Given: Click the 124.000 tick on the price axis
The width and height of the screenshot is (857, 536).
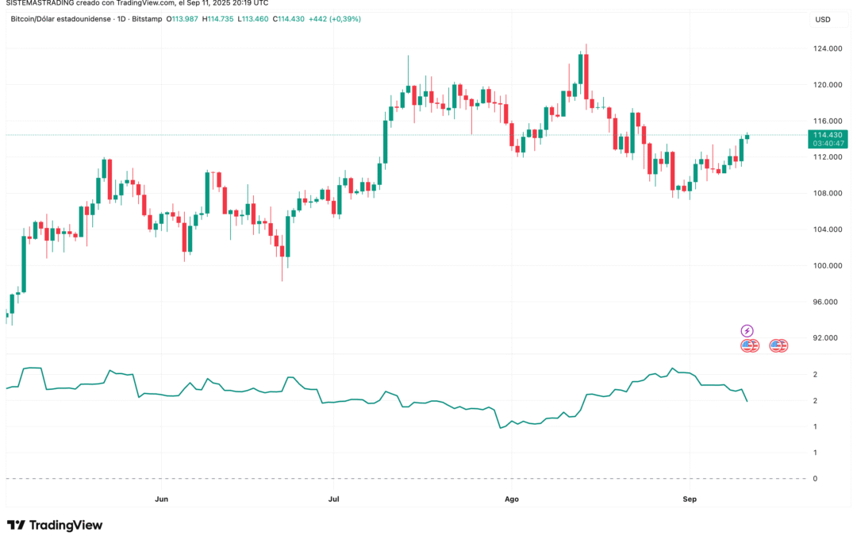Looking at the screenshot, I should click(x=828, y=48).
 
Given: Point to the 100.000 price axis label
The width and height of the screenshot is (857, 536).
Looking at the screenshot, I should click(x=828, y=265).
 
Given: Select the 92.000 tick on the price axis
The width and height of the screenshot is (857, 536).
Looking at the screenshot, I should click(x=828, y=337).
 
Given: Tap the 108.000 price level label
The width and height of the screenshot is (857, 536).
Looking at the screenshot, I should click(x=828, y=193).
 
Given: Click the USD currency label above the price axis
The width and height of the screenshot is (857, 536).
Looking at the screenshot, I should click(x=823, y=20).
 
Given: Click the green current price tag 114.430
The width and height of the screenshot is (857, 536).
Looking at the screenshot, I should click(x=828, y=135).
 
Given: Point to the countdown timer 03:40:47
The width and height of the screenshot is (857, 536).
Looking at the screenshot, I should click(x=828, y=144).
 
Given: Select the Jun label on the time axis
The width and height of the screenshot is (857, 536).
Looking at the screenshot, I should click(x=161, y=499).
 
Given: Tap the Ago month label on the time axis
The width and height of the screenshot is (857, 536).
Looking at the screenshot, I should click(x=512, y=499).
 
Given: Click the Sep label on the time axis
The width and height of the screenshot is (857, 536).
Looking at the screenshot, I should click(x=690, y=499).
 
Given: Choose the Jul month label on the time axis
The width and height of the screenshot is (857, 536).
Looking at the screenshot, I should click(x=334, y=499).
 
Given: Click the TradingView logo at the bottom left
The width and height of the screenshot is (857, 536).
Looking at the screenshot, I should click(x=55, y=525).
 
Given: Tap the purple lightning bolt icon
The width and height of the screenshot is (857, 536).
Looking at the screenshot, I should click(x=747, y=330).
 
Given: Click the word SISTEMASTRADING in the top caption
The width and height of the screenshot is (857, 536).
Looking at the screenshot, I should click(x=37, y=5).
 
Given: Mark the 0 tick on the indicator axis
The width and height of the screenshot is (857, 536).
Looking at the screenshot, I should click(x=814, y=478).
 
